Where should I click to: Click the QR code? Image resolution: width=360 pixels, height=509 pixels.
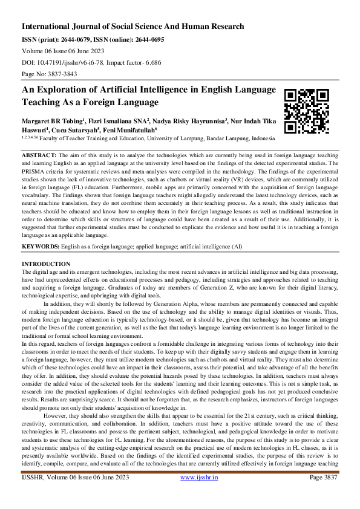coord(307,111)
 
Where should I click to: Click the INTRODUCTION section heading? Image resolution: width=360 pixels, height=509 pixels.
coord(46,265)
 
